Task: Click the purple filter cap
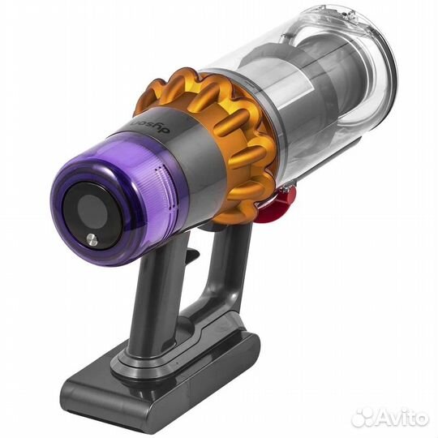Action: pos(118,203)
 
